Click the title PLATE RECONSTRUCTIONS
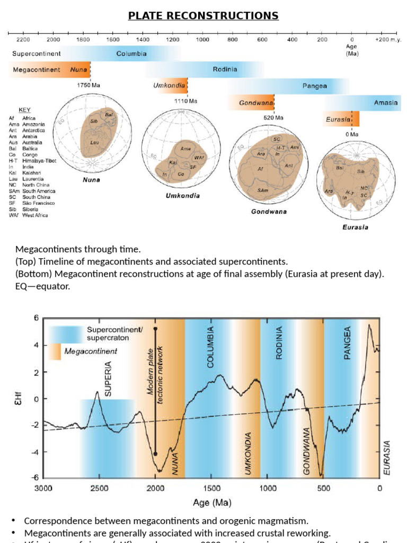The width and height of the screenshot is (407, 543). pyautogui.click(x=203, y=15)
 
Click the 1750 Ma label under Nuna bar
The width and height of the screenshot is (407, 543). pyautogui.click(x=89, y=85)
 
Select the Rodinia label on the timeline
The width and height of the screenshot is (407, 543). pyautogui.click(x=225, y=69)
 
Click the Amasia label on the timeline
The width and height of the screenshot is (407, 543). pyautogui.click(x=385, y=103)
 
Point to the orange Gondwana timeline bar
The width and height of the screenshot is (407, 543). pyautogui.click(x=251, y=102)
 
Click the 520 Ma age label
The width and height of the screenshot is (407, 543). pyautogui.click(x=273, y=118)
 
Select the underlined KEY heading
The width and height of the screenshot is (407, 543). pyautogui.click(x=25, y=110)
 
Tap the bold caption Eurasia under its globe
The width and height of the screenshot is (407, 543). pyautogui.click(x=355, y=227)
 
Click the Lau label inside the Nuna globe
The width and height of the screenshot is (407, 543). pyautogui.click(x=94, y=142)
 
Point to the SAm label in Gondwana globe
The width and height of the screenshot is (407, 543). pyautogui.click(x=262, y=190)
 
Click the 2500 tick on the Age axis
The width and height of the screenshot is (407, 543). pyautogui.click(x=99, y=488)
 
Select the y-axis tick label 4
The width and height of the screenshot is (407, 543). pyautogui.click(x=37, y=345)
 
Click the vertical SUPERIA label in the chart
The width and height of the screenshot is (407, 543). pyautogui.click(x=108, y=379)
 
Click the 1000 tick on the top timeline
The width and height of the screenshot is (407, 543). pyautogui.click(x=203, y=40)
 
